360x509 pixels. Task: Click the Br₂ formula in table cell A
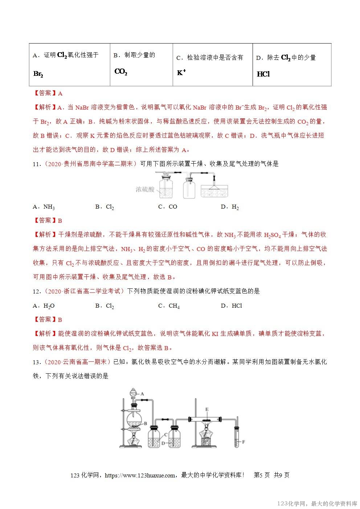[38, 74]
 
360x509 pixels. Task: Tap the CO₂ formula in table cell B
[120, 71]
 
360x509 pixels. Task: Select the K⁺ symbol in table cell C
[181, 73]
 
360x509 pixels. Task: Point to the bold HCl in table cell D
[263, 74]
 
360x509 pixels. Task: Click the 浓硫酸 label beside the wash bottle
[145, 189]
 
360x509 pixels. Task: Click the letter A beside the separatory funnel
[143, 393]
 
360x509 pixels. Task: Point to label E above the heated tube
[207, 409]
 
